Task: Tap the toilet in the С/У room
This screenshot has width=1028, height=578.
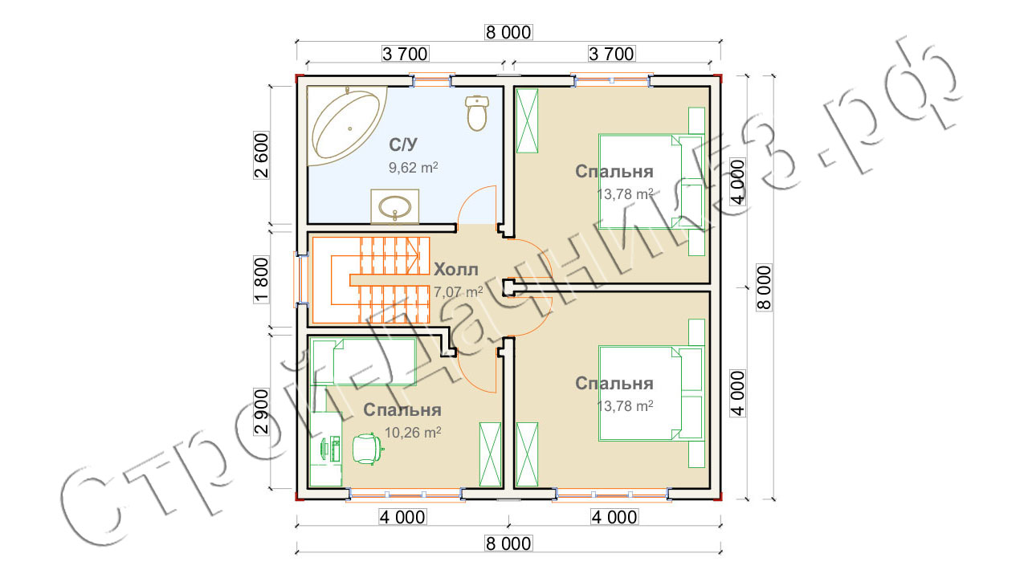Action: point(477,112)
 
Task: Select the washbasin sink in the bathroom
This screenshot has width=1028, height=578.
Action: point(395,206)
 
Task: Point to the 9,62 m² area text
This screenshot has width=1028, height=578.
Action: point(413,168)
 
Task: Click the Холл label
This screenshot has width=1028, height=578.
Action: point(456,268)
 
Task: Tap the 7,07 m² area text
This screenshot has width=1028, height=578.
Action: point(458,291)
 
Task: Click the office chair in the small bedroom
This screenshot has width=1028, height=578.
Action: point(366,447)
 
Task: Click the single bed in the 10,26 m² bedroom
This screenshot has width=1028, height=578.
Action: point(363,361)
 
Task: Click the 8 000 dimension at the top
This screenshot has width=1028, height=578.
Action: point(508,32)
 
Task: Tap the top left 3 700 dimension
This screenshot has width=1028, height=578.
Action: point(406,54)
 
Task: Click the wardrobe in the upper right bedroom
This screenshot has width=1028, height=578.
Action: point(528,120)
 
